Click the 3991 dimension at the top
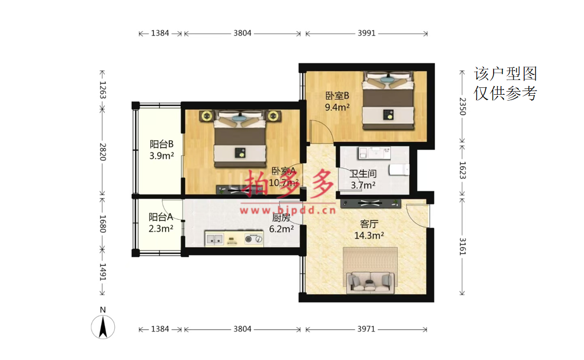coord(367,33)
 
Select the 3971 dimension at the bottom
coord(366,329)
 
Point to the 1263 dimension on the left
coord(103,90)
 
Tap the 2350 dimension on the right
coord(462,106)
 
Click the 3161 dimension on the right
coord(462,246)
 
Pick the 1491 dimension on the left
coord(103,272)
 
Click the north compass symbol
coord(103,327)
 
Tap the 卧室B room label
coord(337,96)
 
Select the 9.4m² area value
coord(337,107)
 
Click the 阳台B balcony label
coord(162,144)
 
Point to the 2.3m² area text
coord(161,229)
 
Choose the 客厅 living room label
coord(369,223)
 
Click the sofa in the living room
coord(370,282)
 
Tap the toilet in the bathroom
coord(399,169)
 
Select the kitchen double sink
coord(215,239)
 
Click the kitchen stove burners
coord(253,239)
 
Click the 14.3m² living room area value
coord(369,236)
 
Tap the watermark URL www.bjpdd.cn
coord(288,211)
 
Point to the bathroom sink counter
coord(375,153)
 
